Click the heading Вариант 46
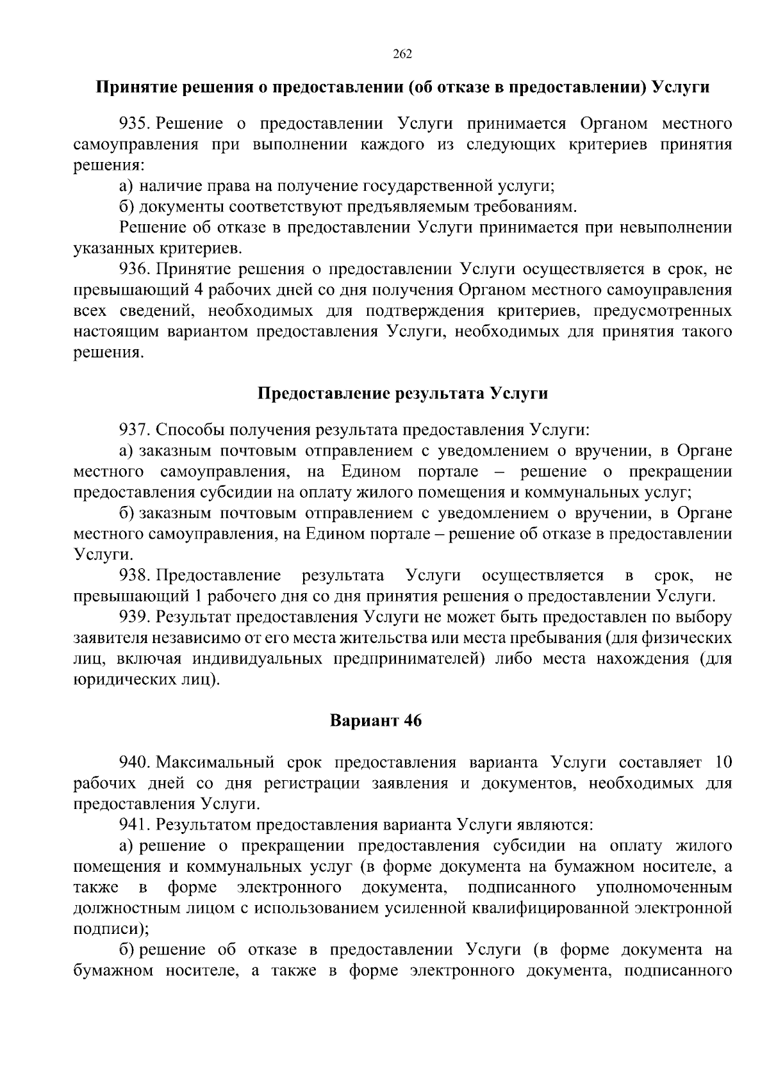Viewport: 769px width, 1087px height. coord(376,721)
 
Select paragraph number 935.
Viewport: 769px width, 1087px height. coord(134,124)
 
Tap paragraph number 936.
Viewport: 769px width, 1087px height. coord(134,269)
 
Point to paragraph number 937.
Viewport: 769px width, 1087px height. coord(134,429)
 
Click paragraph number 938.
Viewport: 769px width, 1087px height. coord(134,575)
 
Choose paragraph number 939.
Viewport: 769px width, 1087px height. coord(134,617)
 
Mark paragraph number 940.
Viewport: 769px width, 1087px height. coord(134,762)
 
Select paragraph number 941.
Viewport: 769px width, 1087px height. coord(134,825)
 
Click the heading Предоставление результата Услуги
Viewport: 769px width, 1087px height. coord(402,393)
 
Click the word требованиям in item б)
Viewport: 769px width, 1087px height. coord(525,207)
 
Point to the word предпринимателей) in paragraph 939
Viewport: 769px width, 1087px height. coord(406,659)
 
